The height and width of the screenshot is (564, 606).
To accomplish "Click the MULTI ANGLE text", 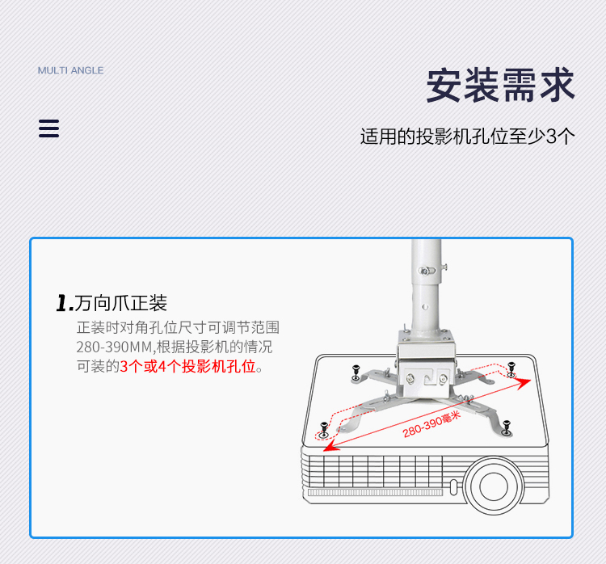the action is click(x=71, y=70).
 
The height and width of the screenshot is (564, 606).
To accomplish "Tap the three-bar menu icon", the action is click(x=48, y=128).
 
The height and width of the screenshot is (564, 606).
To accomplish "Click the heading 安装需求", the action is click(x=500, y=85).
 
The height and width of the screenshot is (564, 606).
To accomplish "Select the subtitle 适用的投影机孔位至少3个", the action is click(x=468, y=137).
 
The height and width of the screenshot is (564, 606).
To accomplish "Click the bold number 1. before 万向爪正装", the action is click(x=65, y=303).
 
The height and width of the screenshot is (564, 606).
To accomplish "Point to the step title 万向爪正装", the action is click(x=121, y=303).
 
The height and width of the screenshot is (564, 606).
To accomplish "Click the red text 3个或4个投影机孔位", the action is click(x=187, y=366).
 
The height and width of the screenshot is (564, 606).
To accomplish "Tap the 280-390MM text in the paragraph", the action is click(x=115, y=347).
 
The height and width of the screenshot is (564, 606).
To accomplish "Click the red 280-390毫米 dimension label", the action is click(x=431, y=424).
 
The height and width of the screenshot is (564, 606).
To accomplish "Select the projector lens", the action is click(x=494, y=486).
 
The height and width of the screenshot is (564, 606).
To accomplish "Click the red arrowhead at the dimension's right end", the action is click(x=525, y=382).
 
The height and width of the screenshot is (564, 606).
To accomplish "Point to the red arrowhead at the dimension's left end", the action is click(x=330, y=447).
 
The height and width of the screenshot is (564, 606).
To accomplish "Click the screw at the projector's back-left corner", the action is click(x=356, y=372).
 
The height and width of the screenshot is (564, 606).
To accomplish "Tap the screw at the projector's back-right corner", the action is click(x=511, y=368).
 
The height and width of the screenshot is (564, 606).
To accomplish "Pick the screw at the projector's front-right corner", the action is click(x=507, y=427).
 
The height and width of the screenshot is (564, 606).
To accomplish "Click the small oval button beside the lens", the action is click(x=454, y=487).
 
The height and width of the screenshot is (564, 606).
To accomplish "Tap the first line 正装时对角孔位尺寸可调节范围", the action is click(x=178, y=327).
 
